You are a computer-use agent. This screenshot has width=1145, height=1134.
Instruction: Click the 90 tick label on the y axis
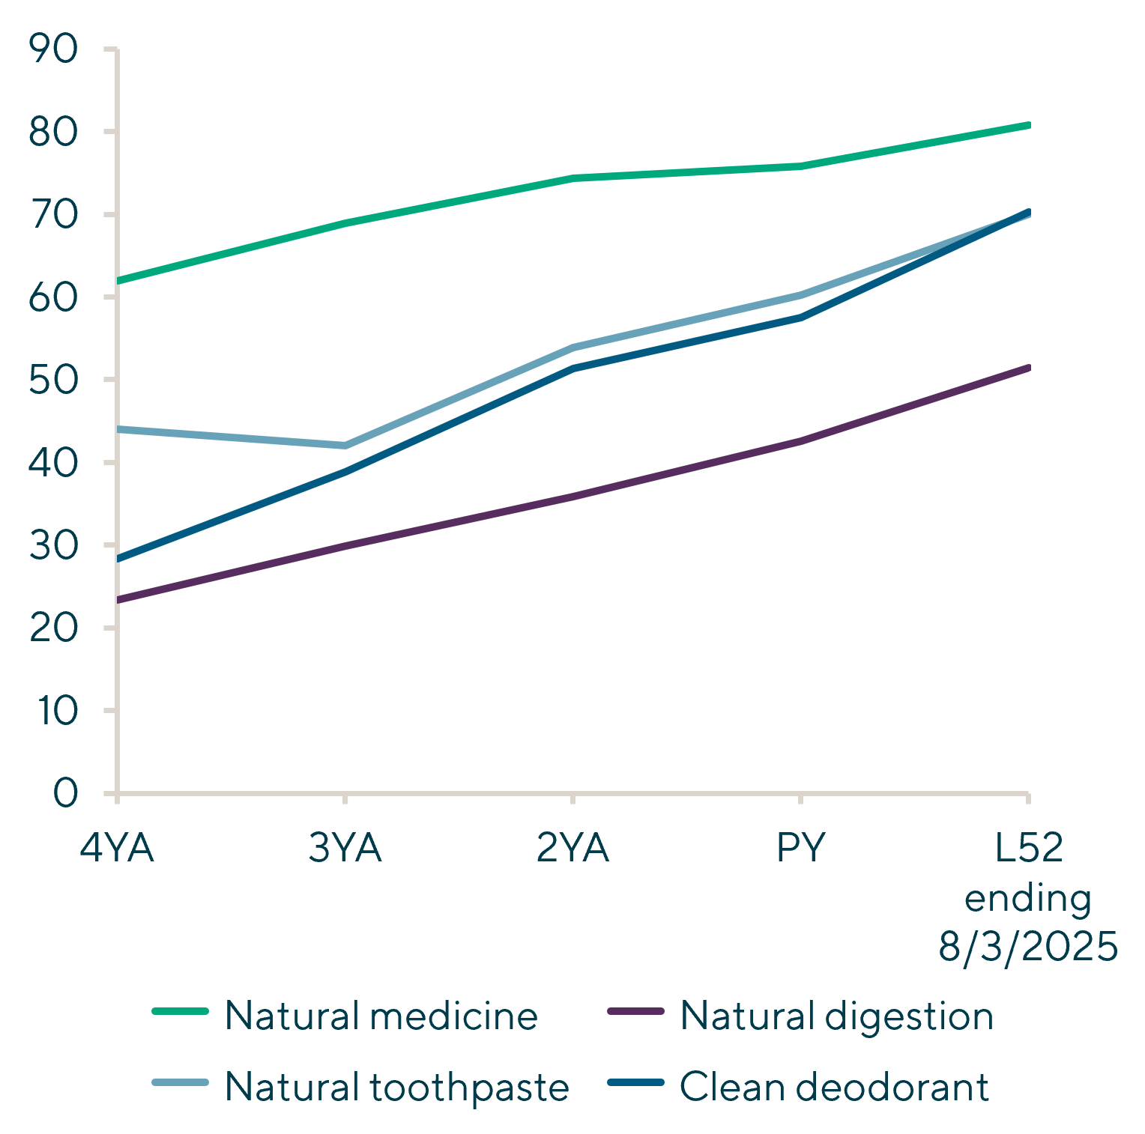pos(53,49)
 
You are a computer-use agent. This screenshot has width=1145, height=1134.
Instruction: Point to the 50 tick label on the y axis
pos(53,380)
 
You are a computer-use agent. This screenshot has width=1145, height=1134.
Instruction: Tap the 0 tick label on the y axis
pos(66,793)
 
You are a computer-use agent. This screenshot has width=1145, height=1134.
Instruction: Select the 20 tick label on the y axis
pos(53,628)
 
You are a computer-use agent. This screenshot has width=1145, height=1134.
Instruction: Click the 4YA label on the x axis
pos(117,849)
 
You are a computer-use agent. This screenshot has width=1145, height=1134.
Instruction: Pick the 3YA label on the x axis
pos(345,849)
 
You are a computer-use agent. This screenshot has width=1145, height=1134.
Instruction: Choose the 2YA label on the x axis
pos(573,849)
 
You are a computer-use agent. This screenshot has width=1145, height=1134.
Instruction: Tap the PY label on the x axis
pos(801,849)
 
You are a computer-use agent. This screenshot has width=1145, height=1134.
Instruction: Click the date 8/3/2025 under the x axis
pos(1028,947)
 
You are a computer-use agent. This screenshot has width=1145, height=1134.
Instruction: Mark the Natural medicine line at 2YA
pos(573,178)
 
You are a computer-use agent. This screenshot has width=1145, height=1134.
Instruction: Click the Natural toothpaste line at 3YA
pos(345,446)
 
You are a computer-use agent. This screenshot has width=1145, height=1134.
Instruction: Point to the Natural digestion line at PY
pos(801,441)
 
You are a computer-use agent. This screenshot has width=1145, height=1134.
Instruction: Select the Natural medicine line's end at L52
pos(1028,125)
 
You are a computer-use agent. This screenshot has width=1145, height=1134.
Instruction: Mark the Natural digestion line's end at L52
pos(1028,368)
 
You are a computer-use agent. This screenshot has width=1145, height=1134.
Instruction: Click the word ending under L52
pos(1028,898)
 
